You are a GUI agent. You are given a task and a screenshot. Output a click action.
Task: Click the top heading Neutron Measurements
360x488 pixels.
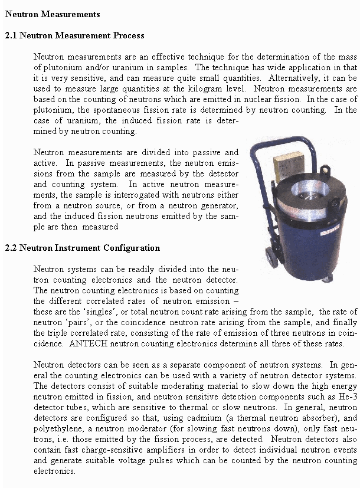(53, 14)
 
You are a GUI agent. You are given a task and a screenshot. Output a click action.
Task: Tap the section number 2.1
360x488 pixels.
(11, 35)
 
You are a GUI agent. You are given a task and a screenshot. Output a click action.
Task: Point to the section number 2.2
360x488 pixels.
(11, 248)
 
